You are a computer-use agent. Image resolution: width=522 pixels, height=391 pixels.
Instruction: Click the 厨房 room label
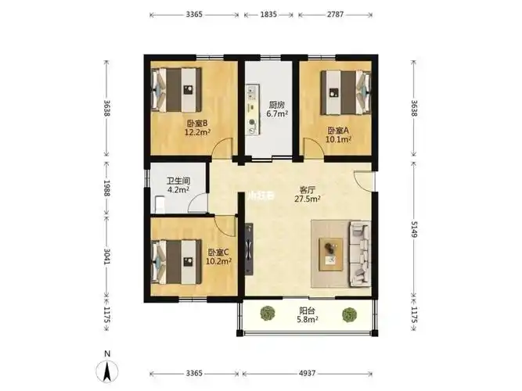click(x=276, y=105)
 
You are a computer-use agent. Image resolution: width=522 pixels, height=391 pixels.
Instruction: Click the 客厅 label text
click(x=308, y=189)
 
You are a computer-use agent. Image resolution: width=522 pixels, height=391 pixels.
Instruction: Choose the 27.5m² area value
click(x=308, y=199)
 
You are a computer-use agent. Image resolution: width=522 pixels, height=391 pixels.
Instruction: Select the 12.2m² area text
click(x=196, y=133)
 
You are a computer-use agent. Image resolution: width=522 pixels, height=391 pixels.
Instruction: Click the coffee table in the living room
click(x=332, y=251)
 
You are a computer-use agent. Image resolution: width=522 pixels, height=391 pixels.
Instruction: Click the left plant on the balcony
click(x=268, y=314)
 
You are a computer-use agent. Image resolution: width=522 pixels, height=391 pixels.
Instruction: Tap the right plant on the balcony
click(x=349, y=315)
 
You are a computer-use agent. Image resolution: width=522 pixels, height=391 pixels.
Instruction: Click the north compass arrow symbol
click(x=109, y=370)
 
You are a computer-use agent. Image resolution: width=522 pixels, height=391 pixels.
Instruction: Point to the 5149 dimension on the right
click(x=415, y=230)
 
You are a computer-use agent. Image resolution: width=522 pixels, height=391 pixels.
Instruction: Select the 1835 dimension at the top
click(x=268, y=14)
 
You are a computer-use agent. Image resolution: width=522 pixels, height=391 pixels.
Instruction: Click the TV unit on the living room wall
click(x=250, y=247)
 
